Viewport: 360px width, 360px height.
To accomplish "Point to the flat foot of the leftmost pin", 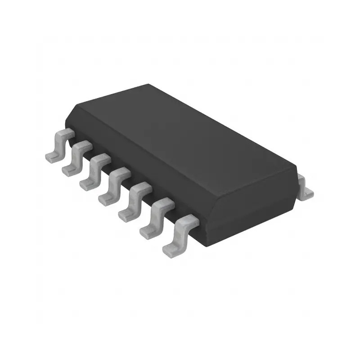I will [51, 156].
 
